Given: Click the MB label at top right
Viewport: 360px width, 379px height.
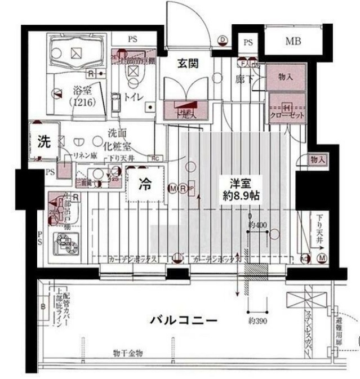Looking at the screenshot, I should tap(292, 41).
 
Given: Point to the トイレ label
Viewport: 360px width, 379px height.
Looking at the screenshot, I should tap(133, 96).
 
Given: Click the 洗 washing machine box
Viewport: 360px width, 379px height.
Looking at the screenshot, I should tap(43, 141).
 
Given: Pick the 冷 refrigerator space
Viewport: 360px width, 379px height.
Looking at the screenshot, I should tap(145, 184).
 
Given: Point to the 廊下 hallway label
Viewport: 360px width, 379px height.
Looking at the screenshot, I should tap(244, 79).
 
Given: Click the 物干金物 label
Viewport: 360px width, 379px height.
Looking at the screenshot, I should tap(127, 353).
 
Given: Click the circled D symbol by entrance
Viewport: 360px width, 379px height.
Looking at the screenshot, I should tap(222, 39).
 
